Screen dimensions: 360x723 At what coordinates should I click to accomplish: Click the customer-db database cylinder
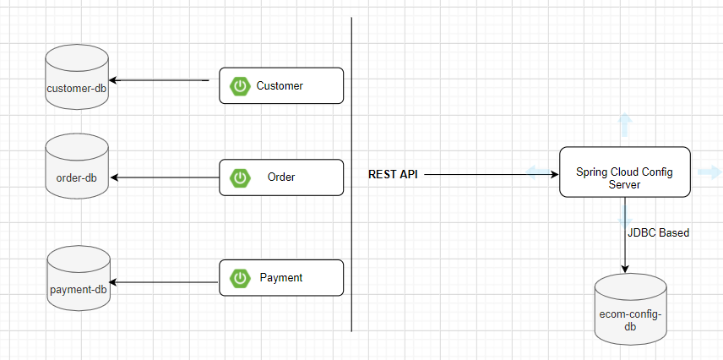coord(77,79)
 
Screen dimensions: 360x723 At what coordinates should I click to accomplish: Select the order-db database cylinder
coord(77,169)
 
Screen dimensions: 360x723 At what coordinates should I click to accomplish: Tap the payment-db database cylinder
coord(77,280)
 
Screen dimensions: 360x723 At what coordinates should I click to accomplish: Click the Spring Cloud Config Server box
coord(624,172)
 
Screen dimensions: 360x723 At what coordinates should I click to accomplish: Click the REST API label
coord(393,174)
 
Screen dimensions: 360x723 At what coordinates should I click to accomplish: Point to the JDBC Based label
coord(659,232)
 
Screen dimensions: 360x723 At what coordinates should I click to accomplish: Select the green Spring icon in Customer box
coord(241,86)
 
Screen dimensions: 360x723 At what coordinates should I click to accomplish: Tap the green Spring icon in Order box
coord(241,177)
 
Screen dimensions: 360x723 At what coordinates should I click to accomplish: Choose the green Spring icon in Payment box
coord(241,278)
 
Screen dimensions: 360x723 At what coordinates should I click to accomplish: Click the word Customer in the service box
coord(280,86)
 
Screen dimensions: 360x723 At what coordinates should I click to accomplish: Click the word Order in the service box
coord(281,177)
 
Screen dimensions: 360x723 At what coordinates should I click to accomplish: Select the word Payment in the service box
coord(281,278)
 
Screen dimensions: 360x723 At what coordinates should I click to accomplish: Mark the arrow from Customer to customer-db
coord(160,80)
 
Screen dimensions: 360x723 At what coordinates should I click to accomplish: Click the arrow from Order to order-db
coord(165,177)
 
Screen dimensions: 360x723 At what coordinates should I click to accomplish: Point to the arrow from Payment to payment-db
coord(165,282)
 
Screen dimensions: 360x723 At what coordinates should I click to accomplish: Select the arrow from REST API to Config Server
coord(490,174)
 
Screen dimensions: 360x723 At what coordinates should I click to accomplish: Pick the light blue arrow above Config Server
coord(624,125)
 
